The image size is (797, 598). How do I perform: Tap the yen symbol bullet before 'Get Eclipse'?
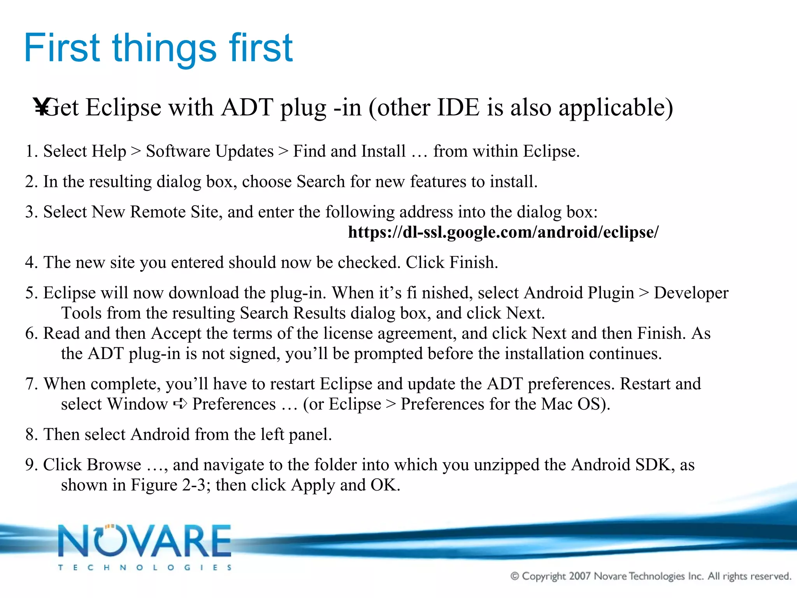click(x=40, y=107)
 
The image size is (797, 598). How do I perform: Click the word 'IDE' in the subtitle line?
click(x=458, y=107)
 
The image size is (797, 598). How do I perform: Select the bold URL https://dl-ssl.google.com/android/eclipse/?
click(x=503, y=232)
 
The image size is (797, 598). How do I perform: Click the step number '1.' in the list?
click(x=32, y=151)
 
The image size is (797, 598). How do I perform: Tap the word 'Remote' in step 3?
click(x=158, y=212)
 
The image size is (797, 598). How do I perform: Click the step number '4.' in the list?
click(x=32, y=263)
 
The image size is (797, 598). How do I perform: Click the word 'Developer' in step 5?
click(x=691, y=293)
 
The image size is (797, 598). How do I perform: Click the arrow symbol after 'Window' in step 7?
click(x=180, y=404)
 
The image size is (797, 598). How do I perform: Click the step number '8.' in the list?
click(x=32, y=435)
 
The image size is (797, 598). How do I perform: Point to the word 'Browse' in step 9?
click(x=114, y=465)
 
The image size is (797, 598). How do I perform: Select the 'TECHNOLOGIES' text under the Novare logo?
click(x=145, y=568)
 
